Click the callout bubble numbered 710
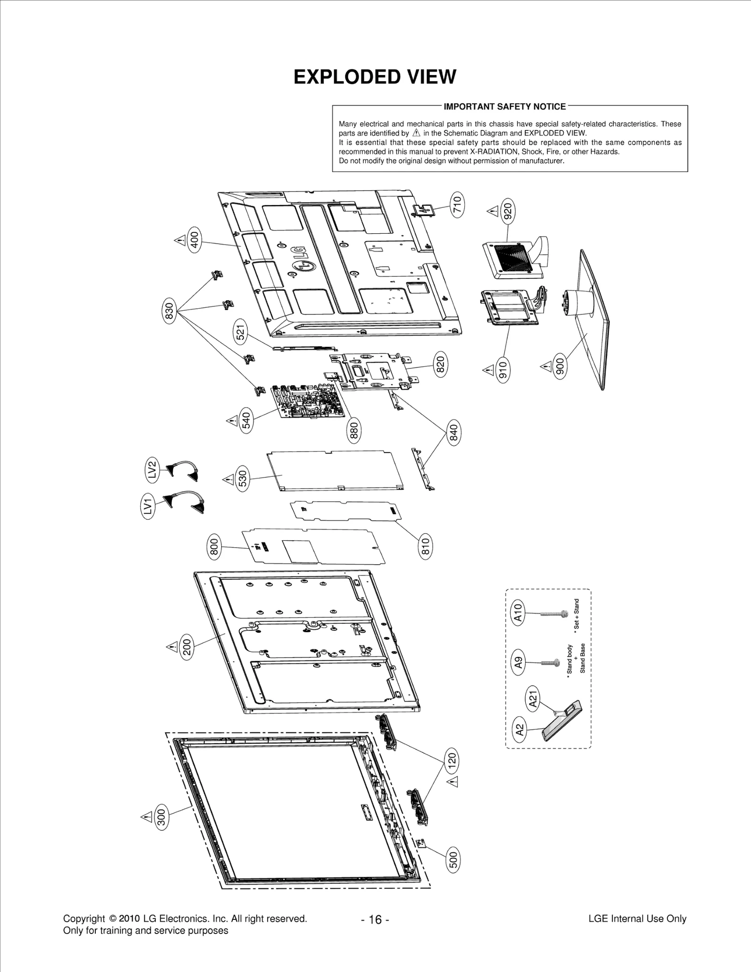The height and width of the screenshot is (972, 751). pyautogui.click(x=457, y=204)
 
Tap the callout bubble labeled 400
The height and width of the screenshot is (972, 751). pyautogui.click(x=194, y=240)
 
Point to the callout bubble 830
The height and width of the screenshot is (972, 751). pyautogui.click(x=169, y=312)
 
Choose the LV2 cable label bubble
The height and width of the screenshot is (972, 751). pyautogui.click(x=151, y=470)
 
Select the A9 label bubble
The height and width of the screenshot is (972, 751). pyautogui.click(x=518, y=662)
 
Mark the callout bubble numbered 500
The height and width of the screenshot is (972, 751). pyautogui.click(x=453, y=860)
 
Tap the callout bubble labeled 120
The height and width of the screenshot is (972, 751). pyautogui.click(x=452, y=759)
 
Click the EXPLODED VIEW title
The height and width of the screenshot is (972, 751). pyautogui.click(x=375, y=77)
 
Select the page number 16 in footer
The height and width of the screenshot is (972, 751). pyautogui.click(x=375, y=919)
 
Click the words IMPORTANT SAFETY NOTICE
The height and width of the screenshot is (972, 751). pyautogui.click(x=505, y=107)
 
